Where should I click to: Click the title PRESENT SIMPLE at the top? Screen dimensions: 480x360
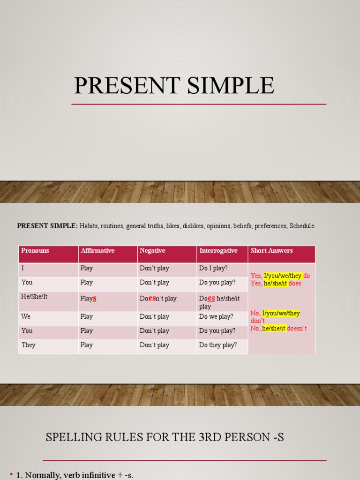174,86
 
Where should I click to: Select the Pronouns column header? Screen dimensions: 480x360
35,251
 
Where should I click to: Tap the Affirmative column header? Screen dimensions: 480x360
97,251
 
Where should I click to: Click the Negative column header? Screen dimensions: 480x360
152,251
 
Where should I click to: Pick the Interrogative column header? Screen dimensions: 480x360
218,251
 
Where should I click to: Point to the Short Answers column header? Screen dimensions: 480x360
271,251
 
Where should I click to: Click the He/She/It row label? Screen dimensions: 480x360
35,297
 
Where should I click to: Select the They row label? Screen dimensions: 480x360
29,345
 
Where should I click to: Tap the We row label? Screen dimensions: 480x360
26,316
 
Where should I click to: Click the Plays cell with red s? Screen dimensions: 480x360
89,298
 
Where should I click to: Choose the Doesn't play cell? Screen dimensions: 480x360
158,298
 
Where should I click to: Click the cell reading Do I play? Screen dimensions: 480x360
213,268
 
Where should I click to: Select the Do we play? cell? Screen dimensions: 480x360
216,316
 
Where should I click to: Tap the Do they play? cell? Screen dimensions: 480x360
218,345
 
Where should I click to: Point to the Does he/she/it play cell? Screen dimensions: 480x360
219,302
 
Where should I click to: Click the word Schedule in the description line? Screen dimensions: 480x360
302,226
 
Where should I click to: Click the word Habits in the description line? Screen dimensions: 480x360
89,226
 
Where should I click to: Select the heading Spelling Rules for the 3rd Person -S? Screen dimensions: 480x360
165,438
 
